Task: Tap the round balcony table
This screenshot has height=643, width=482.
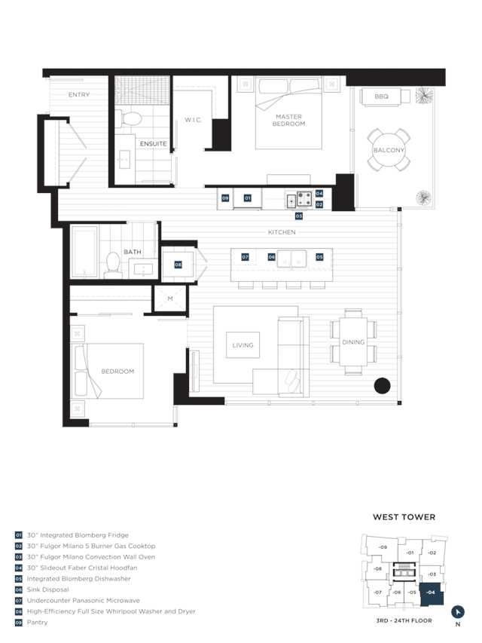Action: (x=389, y=150)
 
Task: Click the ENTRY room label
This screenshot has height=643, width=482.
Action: (x=78, y=95)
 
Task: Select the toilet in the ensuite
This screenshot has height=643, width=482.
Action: (x=128, y=118)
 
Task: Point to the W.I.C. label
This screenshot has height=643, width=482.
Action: (x=193, y=120)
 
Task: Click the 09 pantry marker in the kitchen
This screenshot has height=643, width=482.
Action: (x=225, y=198)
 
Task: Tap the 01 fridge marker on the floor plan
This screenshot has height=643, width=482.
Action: (x=248, y=198)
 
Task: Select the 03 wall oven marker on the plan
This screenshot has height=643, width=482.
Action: (x=299, y=216)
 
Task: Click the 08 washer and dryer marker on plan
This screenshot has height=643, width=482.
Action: (x=178, y=265)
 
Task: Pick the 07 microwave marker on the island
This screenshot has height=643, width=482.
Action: (x=245, y=257)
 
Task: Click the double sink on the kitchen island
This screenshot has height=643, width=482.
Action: (x=291, y=259)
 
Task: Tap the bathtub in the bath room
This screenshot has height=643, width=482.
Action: (x=84, y=252)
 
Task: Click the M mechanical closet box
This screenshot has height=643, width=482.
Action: (x=169, y=299)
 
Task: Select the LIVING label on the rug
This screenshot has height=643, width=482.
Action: (x=243, y=345)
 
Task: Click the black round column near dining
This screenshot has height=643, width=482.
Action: (x=382, y=385)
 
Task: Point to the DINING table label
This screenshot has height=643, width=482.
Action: (x=353, y=342)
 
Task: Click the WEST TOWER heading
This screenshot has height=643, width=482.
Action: (x=404, y=517)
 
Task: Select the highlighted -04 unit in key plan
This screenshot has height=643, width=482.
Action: (x=432, y=593)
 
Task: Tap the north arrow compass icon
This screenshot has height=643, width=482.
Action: (x=457, y=612)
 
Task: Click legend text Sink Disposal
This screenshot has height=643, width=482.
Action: (x=48, y=589)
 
